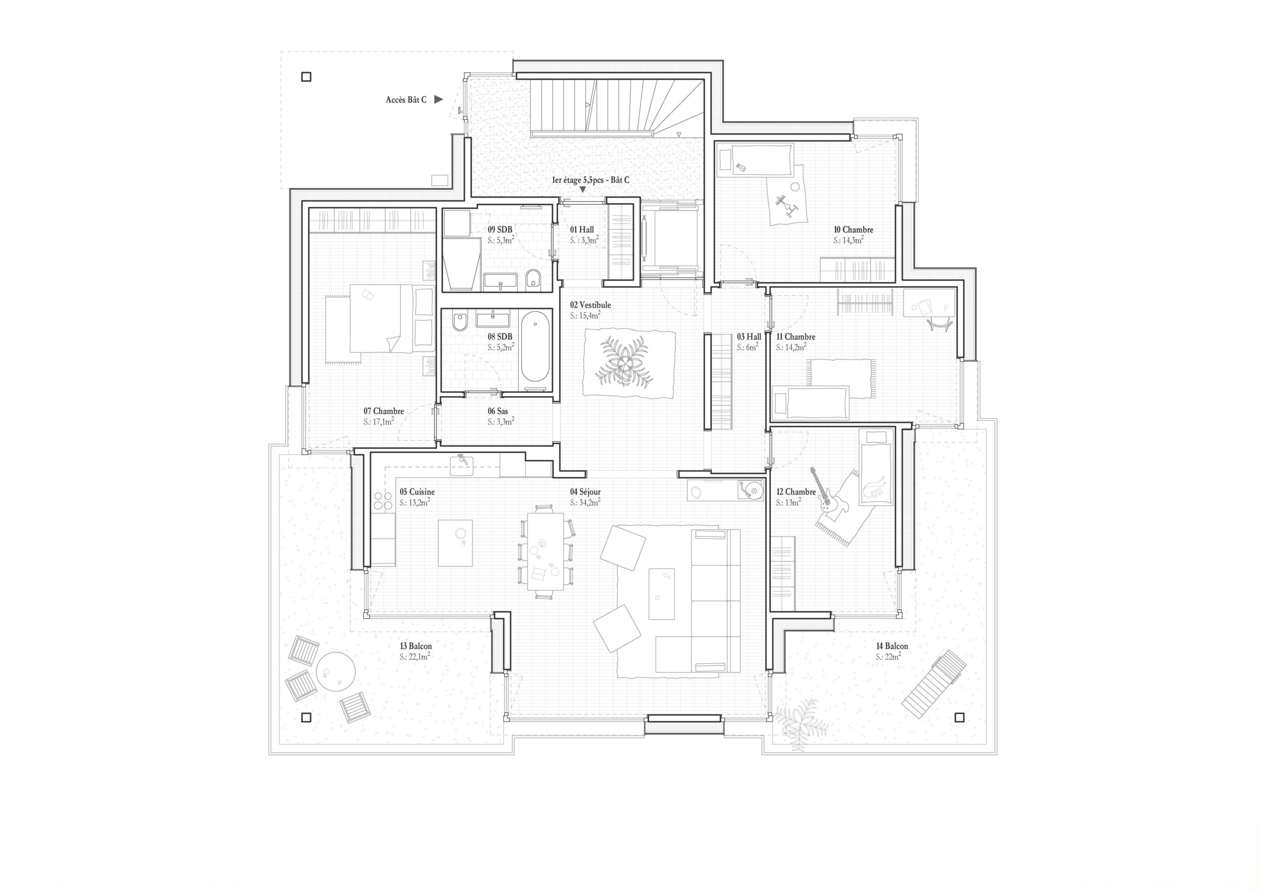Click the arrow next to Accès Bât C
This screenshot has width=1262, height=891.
click(x=438, y=99)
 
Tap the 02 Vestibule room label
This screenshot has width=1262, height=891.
click(x=590, y=305)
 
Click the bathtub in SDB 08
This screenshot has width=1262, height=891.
click(x=535, y=347)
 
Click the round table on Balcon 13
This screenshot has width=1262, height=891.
click(x=335, y=671)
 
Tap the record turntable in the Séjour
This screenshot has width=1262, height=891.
click(x=749, y=489)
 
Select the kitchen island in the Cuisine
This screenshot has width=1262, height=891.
click(x=455, y=543)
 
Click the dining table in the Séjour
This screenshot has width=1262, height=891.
click(x=545, y=551)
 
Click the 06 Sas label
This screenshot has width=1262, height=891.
click(x=497, y=411)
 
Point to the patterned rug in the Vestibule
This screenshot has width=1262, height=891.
click(x=629, y=363)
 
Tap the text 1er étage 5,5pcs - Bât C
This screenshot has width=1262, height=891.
click(x=590, y=180)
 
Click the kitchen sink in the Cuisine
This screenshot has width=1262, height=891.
click(x=461, y=465)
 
